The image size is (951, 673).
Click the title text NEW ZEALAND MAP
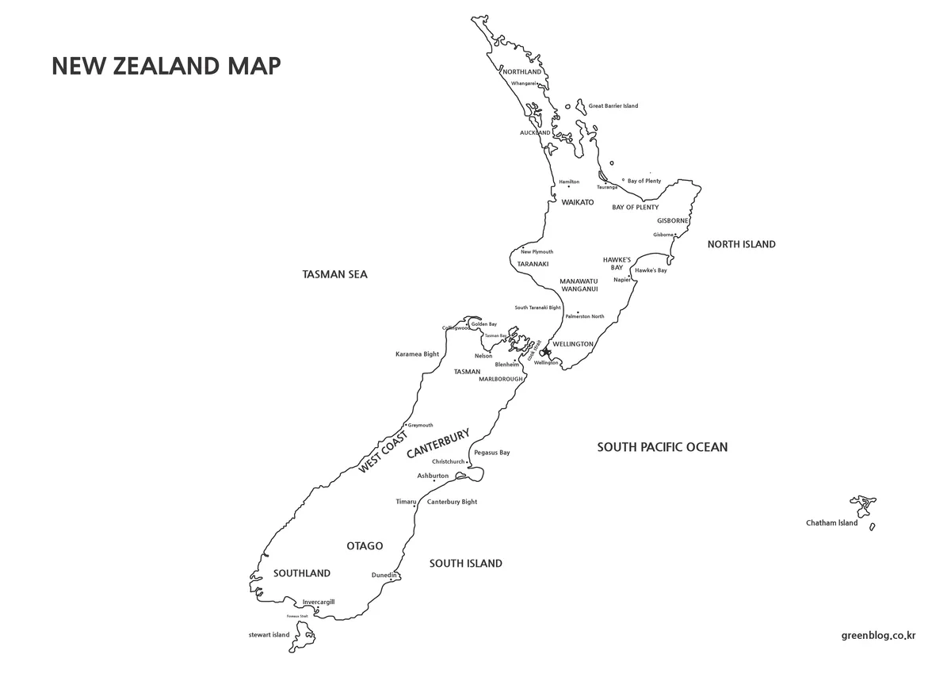pyautogui.click(x=166, y=66)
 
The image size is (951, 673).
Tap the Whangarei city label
pyautogui.click(x=524, y=83)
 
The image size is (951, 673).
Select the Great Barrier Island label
pyautogui.click(x=613, y=105)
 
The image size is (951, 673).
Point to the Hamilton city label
pyautogui.click(x=569, y=182)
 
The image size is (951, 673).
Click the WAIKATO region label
pyautogui.click(x=578, y=203)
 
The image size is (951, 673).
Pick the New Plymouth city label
pyautogui.click(x=537, y=251)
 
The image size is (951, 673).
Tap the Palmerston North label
pyautogui.click(x=585, y=316)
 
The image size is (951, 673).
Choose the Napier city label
pyautogui.click(x=622, y=279)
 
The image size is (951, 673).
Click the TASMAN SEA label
pyautogui.click(x=335, y=274)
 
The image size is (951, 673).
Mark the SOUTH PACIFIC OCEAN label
pyautogui.click(x=663, y=447)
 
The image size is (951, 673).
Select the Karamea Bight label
pyautogui.click(x=417, y=354)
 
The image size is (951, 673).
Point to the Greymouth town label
pyautogui.click(x=420, y=425)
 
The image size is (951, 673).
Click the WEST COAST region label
pyautogui.click(x=384, y=453)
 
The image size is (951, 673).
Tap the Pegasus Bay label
pyautogui.click(x=491, y=453)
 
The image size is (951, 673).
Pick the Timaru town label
pyautogui.click(x=406, y=502)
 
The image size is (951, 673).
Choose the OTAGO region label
pyautogui.click(x=365, y=546)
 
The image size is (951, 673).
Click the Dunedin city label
pyautogui.click(x=384, y=575)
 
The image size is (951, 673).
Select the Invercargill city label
pyautogui.click(x=319, y=602)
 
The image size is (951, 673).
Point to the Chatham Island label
pyautogui.click(x=831, y=523)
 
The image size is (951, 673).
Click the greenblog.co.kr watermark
pyautogui.click(x=879, y=634)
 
